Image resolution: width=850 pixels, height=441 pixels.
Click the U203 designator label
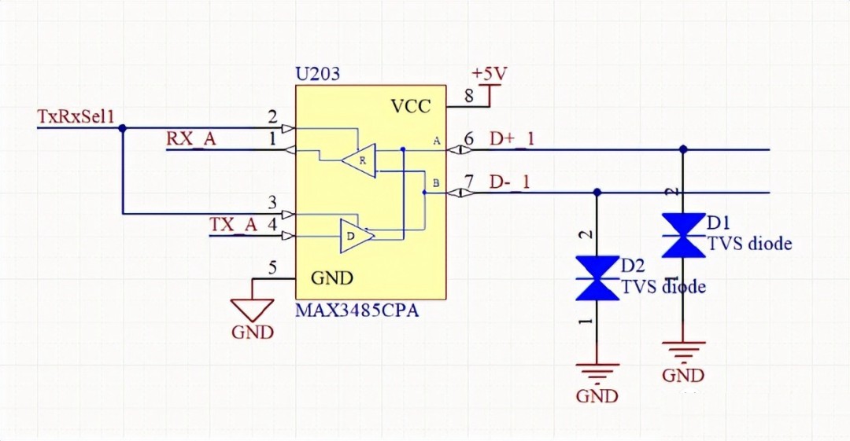(318, 75)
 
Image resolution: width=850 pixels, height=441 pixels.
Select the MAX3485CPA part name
(357, 311)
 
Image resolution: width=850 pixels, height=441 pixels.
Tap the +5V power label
(489, 74)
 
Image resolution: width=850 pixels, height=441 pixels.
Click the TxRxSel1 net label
(76, 116)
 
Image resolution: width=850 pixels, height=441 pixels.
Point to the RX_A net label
(190, 138)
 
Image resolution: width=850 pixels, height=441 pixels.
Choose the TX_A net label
(233, 224)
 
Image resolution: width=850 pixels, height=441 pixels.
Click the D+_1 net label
(512, 139)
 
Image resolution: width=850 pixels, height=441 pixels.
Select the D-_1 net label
(509, 182)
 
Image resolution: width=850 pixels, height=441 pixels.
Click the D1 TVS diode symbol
(682, 235)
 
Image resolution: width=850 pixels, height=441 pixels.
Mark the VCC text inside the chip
(411, 107)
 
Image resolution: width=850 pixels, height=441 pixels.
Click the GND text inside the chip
(332, 277)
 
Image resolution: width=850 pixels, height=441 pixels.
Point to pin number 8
(469, 97)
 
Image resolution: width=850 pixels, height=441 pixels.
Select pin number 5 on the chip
(272, 269)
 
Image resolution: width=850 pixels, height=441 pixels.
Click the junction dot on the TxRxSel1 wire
(122, 127)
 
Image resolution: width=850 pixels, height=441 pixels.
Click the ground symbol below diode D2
(597, 369)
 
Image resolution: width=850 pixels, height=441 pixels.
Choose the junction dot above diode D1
(682, 149)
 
